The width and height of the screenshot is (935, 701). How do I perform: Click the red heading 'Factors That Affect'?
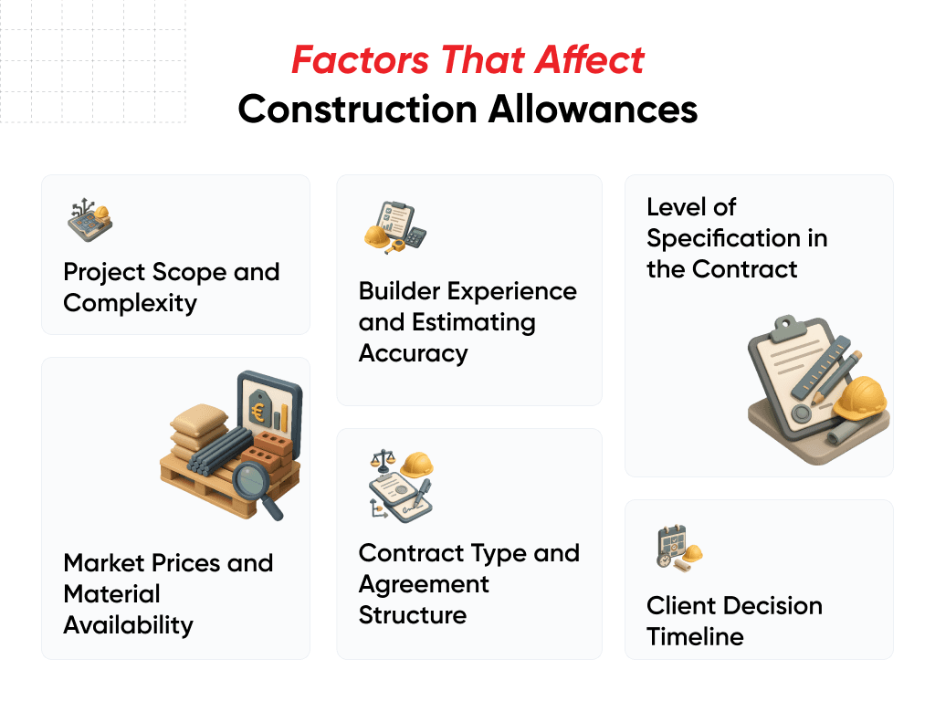467,61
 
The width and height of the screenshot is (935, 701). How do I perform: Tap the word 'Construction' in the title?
356,110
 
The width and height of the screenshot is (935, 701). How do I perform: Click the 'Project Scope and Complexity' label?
171,287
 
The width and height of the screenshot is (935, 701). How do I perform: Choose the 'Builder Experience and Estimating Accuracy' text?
467,321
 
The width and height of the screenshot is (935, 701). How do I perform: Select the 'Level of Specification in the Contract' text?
737,238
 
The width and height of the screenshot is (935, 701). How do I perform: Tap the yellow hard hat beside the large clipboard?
861,399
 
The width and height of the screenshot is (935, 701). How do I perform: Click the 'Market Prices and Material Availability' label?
168,593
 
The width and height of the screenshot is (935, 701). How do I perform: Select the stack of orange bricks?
277,448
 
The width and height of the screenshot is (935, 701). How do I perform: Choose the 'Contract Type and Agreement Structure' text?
468,583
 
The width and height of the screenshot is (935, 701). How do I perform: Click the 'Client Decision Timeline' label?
734,621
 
